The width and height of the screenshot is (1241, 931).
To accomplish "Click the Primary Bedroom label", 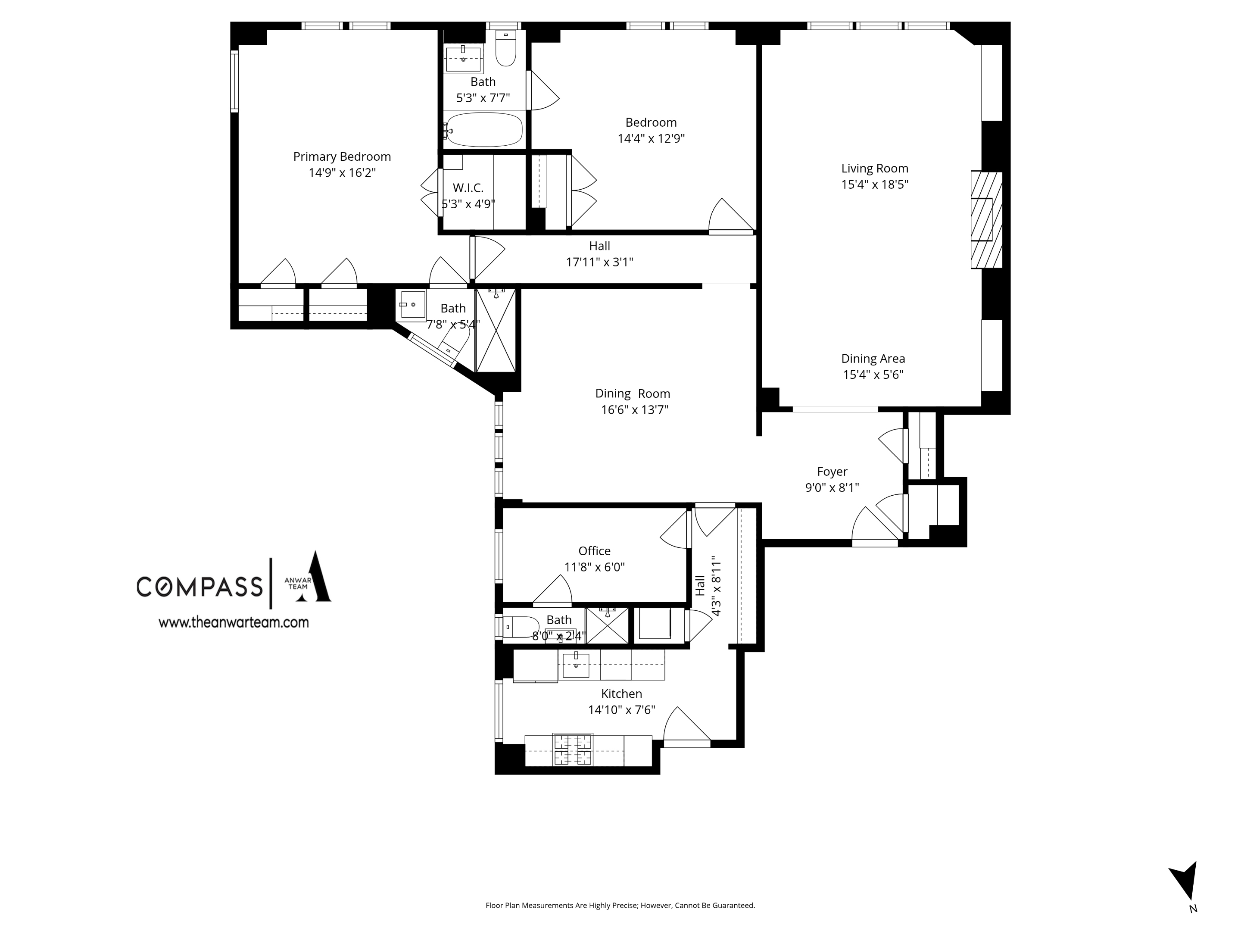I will point(342,156).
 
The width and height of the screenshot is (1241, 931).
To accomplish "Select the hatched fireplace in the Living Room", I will point(986,220).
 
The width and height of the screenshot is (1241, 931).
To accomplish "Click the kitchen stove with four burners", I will point(573,750).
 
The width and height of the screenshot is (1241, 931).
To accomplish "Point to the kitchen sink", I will point(576,665).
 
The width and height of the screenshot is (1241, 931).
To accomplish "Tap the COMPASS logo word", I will point(200,587).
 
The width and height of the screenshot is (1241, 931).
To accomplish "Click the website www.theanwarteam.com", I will point(234,622).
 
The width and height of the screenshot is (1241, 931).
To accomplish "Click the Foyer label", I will point(832,472).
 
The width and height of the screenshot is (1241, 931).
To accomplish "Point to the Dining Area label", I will point(873,359).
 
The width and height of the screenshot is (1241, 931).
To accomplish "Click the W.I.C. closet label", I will point(468,188).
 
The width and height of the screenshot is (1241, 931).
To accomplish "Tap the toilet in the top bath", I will point(506,50).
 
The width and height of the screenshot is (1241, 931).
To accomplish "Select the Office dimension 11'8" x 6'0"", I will point(594,567).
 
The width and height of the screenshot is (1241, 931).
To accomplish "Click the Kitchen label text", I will point(621,694).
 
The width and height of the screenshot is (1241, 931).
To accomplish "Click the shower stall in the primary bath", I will point(496,331).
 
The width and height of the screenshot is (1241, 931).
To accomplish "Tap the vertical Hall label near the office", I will point(700,586).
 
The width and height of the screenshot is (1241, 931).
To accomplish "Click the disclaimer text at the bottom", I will point(620,905).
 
